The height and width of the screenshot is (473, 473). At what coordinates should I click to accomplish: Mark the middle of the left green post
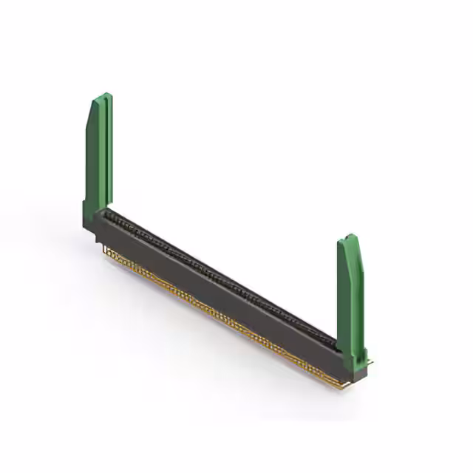[x=98, y=155]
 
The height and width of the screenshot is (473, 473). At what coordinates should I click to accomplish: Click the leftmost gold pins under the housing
[x=111, y=255]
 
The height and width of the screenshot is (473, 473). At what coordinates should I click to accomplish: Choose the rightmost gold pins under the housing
[x=333, y=383]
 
